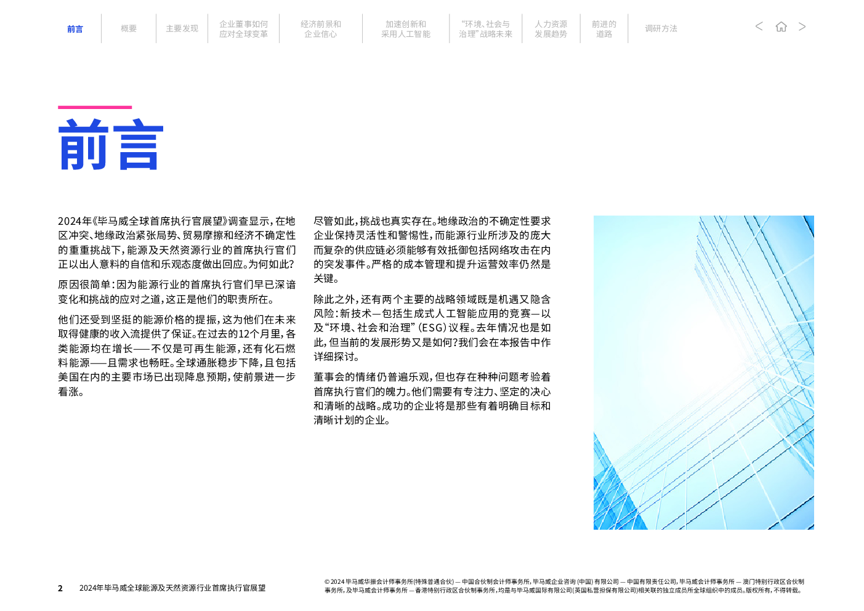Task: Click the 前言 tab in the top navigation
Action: click(75, 29)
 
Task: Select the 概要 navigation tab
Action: click(129, 28)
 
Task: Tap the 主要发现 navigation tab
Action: click(182, 28)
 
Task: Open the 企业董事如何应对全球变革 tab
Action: click(243, 29)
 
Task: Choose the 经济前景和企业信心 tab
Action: click(320, 29)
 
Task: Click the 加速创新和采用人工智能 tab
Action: click(406, 29)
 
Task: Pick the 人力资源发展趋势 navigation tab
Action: click(551, 29)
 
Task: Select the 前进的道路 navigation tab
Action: click(604, 29)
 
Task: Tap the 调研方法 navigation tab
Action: click(661, 28)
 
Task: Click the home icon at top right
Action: click(781, 26)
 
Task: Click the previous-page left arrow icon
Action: click(759, 26)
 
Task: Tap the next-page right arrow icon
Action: click(802, 26)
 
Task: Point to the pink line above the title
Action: click(95, 107)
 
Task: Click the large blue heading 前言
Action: click(111, 144)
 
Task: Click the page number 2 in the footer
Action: click(60, 588)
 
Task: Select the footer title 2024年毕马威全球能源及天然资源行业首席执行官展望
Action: click(172, 588)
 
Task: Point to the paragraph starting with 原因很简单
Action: click(177, 292)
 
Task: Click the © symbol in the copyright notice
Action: click(327, 582)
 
